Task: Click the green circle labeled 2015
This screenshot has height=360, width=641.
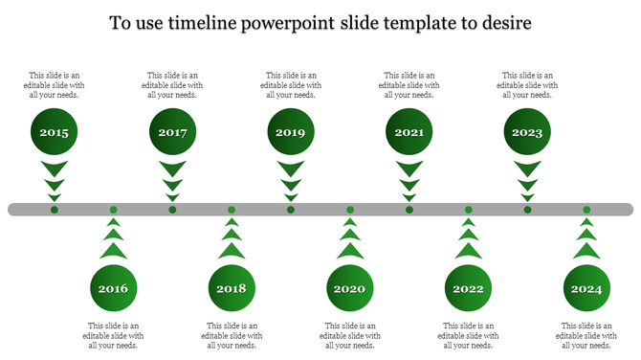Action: (x=55, y=132)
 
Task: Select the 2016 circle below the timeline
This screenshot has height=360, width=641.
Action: (x=114, y=288)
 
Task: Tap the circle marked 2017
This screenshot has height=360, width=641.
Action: (x=173, y=132)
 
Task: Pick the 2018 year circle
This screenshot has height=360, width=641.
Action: (x=232, y=288)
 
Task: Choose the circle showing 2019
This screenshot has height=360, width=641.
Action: (x=291, y=132)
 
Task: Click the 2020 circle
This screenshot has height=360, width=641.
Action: (x=350, y=288)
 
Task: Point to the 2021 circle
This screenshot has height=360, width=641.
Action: (x=409, y=132)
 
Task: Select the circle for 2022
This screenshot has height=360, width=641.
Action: (x=469, y=288)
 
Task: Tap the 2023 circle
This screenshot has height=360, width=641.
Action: (x=527, y=132)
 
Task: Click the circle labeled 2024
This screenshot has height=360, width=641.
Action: (x=586, y=288)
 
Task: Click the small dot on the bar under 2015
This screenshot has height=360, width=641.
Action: (x=55, y=209)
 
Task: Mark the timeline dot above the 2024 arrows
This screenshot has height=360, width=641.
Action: (x=586, y=209)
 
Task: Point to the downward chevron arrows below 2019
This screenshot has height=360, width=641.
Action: (x=291, y=179)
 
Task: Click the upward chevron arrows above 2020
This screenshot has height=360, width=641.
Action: (x=350, y=240)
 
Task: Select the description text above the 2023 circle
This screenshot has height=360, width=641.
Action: (x=527, y=84)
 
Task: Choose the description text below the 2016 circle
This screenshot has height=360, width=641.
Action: (x=114, y=335)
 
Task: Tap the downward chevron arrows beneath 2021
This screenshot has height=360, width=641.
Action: (x=409, y=179)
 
